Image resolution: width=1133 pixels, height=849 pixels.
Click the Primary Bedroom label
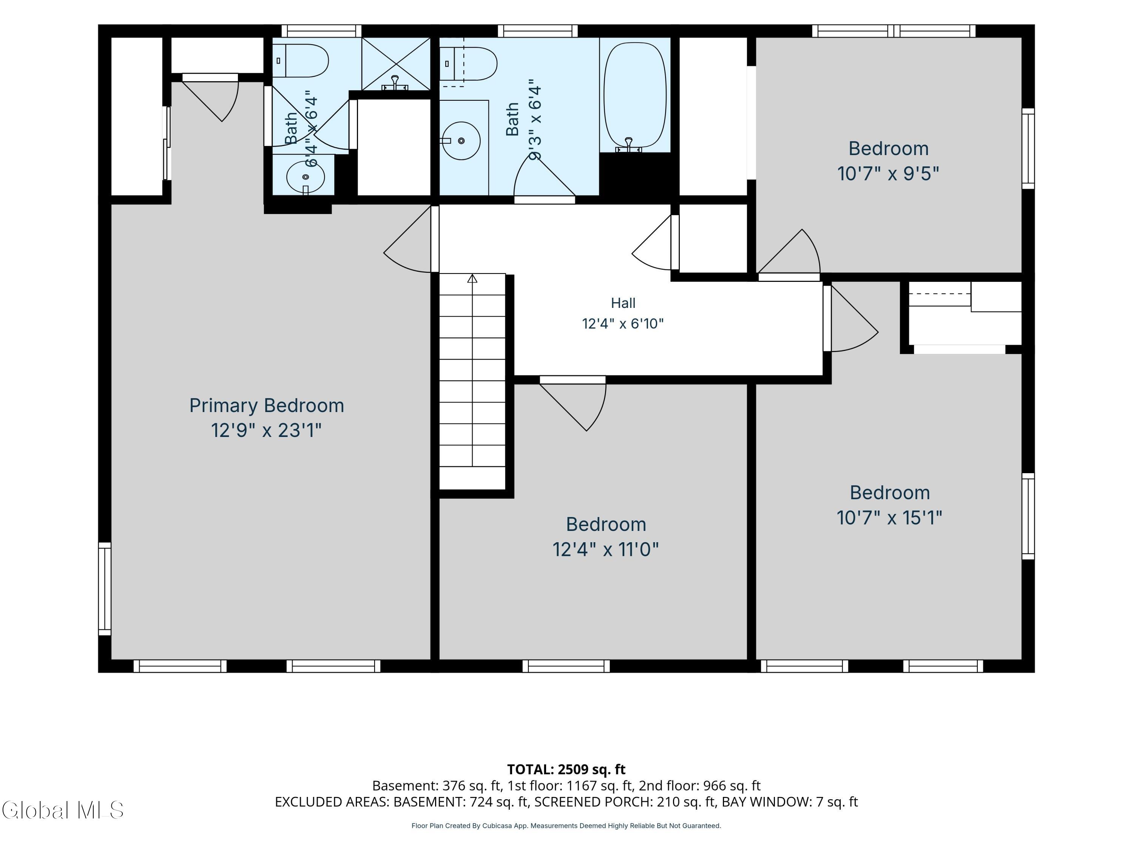tap(266, 405)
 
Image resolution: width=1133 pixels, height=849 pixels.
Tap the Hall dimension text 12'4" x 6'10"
tap(623, 323)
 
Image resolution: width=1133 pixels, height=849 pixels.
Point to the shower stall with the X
tap(396, 64)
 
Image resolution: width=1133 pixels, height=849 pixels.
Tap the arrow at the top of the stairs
tap(472, 278)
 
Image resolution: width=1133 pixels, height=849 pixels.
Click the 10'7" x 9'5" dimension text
tap(888, 174)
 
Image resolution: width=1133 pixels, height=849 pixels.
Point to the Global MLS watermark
tap(62, 810)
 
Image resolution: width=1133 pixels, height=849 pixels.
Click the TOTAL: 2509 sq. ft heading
tap(566, 770)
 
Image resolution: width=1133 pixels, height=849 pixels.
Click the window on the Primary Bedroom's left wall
tap(105, 589)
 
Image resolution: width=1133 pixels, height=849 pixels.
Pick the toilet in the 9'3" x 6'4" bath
tap(468, 64)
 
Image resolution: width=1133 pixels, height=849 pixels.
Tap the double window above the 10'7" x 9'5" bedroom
tap(894, 31)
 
